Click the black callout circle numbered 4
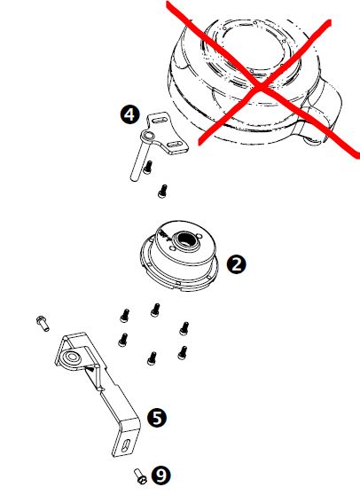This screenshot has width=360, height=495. click(129, 114)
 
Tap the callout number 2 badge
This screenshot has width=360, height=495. click(237, 264)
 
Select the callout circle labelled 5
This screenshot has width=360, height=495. click(157, 418)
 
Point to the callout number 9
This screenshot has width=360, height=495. click(160, 475)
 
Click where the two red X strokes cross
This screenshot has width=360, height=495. click(261, 87)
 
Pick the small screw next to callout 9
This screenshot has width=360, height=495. click(140, 475)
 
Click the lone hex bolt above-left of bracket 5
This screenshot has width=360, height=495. click(43, 323)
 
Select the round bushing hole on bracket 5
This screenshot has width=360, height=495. click(72, 357)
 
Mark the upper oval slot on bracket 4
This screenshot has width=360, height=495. click(160, 120)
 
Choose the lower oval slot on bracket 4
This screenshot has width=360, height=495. click(174, 145)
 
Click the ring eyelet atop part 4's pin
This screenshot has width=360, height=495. click(147, 137)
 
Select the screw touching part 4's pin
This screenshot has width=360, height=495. click(147, 168)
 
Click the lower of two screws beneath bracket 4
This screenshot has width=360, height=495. click(162, 192)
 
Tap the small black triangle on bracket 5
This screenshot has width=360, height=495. click(90, 368)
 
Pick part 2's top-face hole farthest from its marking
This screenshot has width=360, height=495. click(200, 235)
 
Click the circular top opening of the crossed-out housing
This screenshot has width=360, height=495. click(253, 53)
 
